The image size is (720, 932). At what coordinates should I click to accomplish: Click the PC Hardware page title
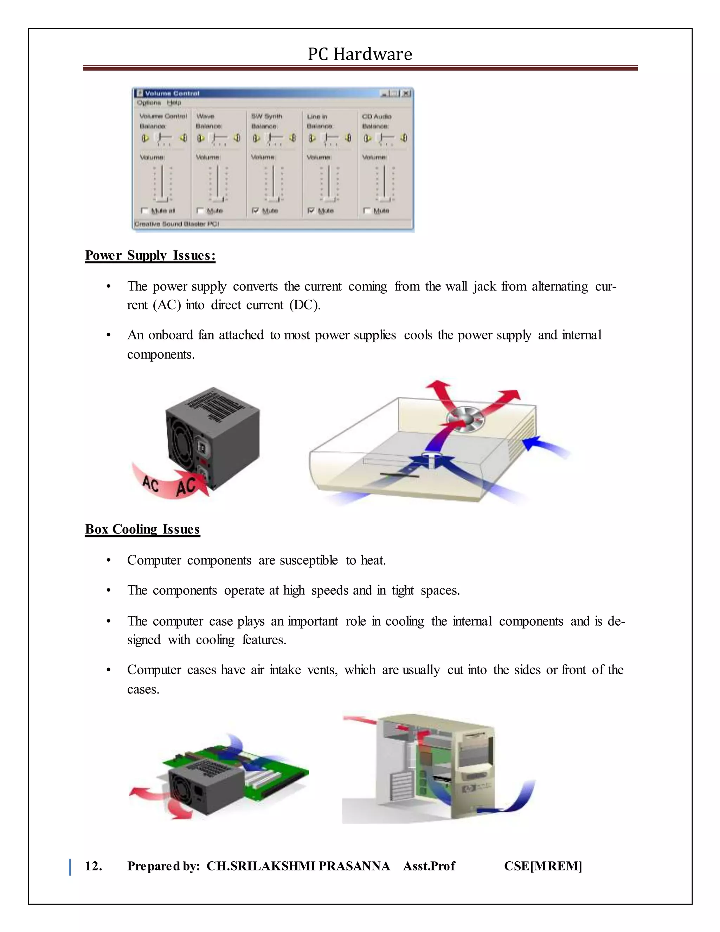360,54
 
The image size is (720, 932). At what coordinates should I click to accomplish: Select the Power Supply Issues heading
150,255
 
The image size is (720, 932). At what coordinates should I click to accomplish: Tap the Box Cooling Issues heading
142,529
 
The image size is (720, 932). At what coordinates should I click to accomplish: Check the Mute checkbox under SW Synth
256,210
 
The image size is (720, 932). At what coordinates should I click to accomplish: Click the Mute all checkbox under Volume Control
144,210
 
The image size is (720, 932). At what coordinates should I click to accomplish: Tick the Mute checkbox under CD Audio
367,210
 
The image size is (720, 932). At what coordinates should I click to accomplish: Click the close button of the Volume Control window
406,93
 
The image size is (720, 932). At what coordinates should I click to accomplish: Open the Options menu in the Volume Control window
149,103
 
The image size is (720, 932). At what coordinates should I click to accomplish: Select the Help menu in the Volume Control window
174,103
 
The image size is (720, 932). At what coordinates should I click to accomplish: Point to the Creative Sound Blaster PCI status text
176,224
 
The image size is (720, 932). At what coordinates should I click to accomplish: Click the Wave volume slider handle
218,199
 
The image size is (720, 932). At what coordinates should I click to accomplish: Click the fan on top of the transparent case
466,419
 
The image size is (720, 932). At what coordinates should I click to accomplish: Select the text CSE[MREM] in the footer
543,866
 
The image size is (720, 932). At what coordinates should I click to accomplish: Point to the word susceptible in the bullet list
308,560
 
